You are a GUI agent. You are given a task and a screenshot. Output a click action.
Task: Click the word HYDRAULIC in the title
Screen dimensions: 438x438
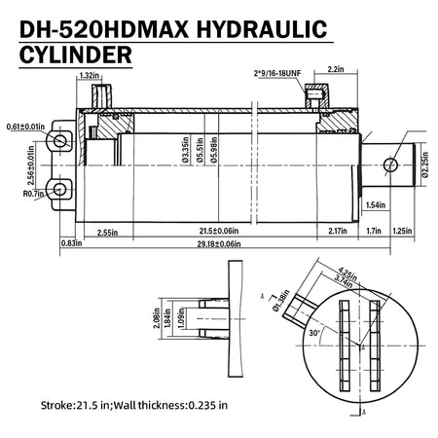(x=262, y=29)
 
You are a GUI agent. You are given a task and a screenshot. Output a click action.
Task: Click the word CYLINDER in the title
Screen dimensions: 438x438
(x=76, y=55)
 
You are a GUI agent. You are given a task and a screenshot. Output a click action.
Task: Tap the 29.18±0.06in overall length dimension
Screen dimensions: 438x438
(x=219, y=244)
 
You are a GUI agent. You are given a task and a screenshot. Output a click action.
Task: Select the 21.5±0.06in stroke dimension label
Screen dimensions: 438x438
(x=219, y=231)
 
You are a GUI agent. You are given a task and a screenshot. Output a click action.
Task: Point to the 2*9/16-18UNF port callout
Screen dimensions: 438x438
(x=277, y=73)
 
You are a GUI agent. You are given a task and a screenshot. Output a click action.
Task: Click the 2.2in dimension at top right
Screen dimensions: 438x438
(x=336, y=69)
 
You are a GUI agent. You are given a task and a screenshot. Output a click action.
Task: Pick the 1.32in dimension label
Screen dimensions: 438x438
(x=90, y=76)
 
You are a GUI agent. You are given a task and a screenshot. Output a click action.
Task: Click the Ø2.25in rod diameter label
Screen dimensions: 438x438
(x=425, y=164)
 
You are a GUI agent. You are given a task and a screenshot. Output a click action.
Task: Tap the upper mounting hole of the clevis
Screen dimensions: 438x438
(x=60, y=141)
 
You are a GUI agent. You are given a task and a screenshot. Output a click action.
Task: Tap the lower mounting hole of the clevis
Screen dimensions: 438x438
(x=59, y=189)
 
